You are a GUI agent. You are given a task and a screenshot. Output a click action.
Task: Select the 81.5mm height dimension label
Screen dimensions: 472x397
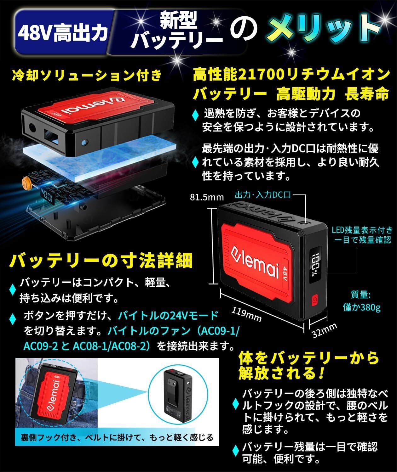pyautogui.click(x=206, y=197)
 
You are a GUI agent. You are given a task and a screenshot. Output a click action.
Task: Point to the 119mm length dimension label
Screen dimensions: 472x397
pyautogui.click(x=247, y=314)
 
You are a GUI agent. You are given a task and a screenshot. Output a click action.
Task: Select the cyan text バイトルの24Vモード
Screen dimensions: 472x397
pyautogui.click(x=168, y=315)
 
